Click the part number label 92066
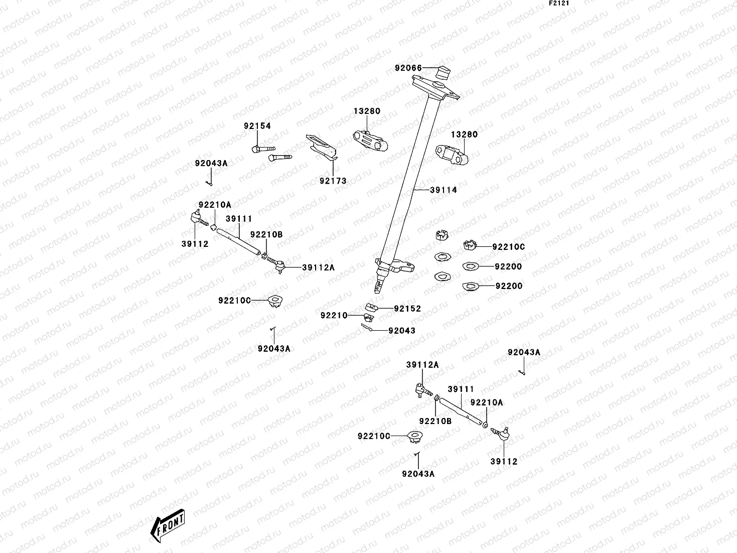pyautogui.click(x=408, y=68)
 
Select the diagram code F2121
pyautogui.click(x=561, y=3)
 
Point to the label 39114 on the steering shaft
pyautogui.click(x=444, y=190)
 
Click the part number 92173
pyautogui.click(x=333, y=181)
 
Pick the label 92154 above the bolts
pyautogui.click(x=257, y=126)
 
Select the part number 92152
pyautogui.click(x=407, y=309)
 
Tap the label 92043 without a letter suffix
pyautogui.click(x=402, y=331)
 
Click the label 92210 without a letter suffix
pyautogui.click(x=334, y=315)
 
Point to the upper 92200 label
pyautogui.click(x=508, y=266)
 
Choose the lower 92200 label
pyautogui.click(x=509, y=286)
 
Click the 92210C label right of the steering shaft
pyautogui.click(x=509, y=247)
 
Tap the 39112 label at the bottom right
pyautogui.click(x=504, y=462)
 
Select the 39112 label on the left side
pyautogui.click(x=195, y=244)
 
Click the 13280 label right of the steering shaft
pyautogui.click(x=464, y=134)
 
